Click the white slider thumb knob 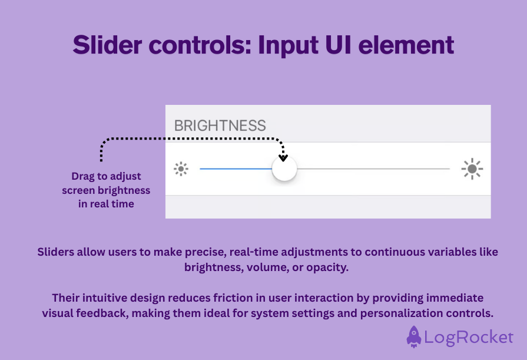(x=284, y=169)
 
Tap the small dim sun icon (x=181, y=169)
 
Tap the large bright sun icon (x=472, y=169)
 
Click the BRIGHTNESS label (x=220, y=125)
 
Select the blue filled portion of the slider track (x=236, y=169)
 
